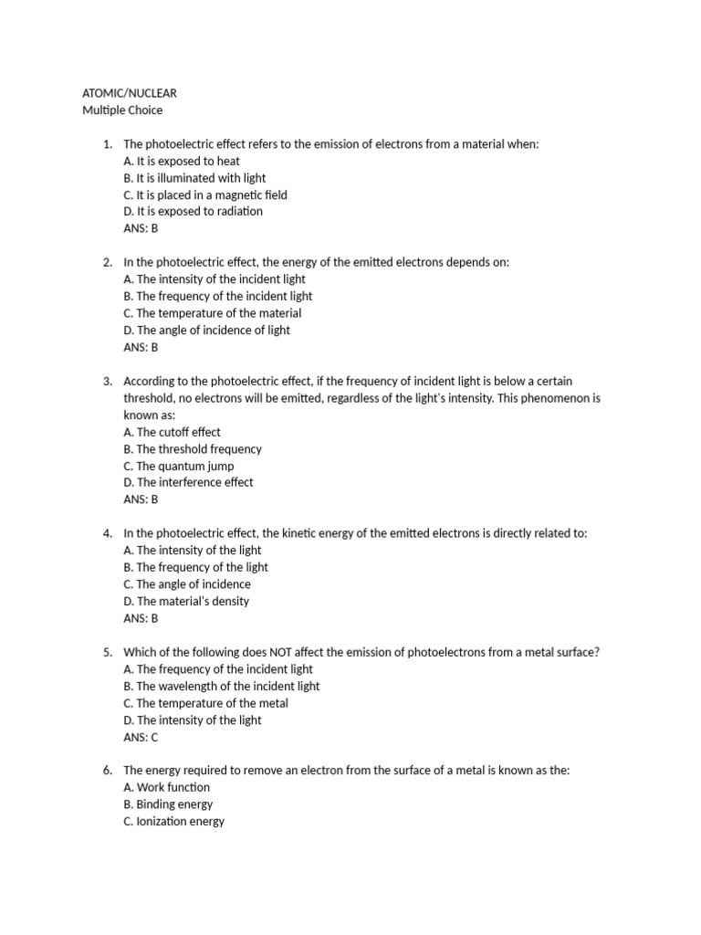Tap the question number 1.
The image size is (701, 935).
click(x=107, y=144)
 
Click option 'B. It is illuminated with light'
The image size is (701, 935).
click(x=194, y=178)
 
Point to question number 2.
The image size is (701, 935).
click(x=107, y=262)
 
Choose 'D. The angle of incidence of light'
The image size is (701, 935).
click(x=206, y=330)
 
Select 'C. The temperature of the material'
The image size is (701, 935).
click(x=212, y=313)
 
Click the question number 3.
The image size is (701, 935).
click(x=107, y=381)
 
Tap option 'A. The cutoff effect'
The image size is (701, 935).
click(x=172, y=432)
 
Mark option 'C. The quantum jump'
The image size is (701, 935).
click(x=178, y=466)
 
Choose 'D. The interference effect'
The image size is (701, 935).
click(x=188, y=482)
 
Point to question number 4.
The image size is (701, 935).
click(x=107, y=533)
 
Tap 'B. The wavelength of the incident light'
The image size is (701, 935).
click(x=221, y=686)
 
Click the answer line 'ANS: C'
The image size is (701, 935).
click(x=141, y=737)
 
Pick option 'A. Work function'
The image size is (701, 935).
click(x=166, y=787)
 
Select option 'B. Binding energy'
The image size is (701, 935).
click(x=168, y=804)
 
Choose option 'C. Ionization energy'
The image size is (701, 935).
click(x=173, y=821)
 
